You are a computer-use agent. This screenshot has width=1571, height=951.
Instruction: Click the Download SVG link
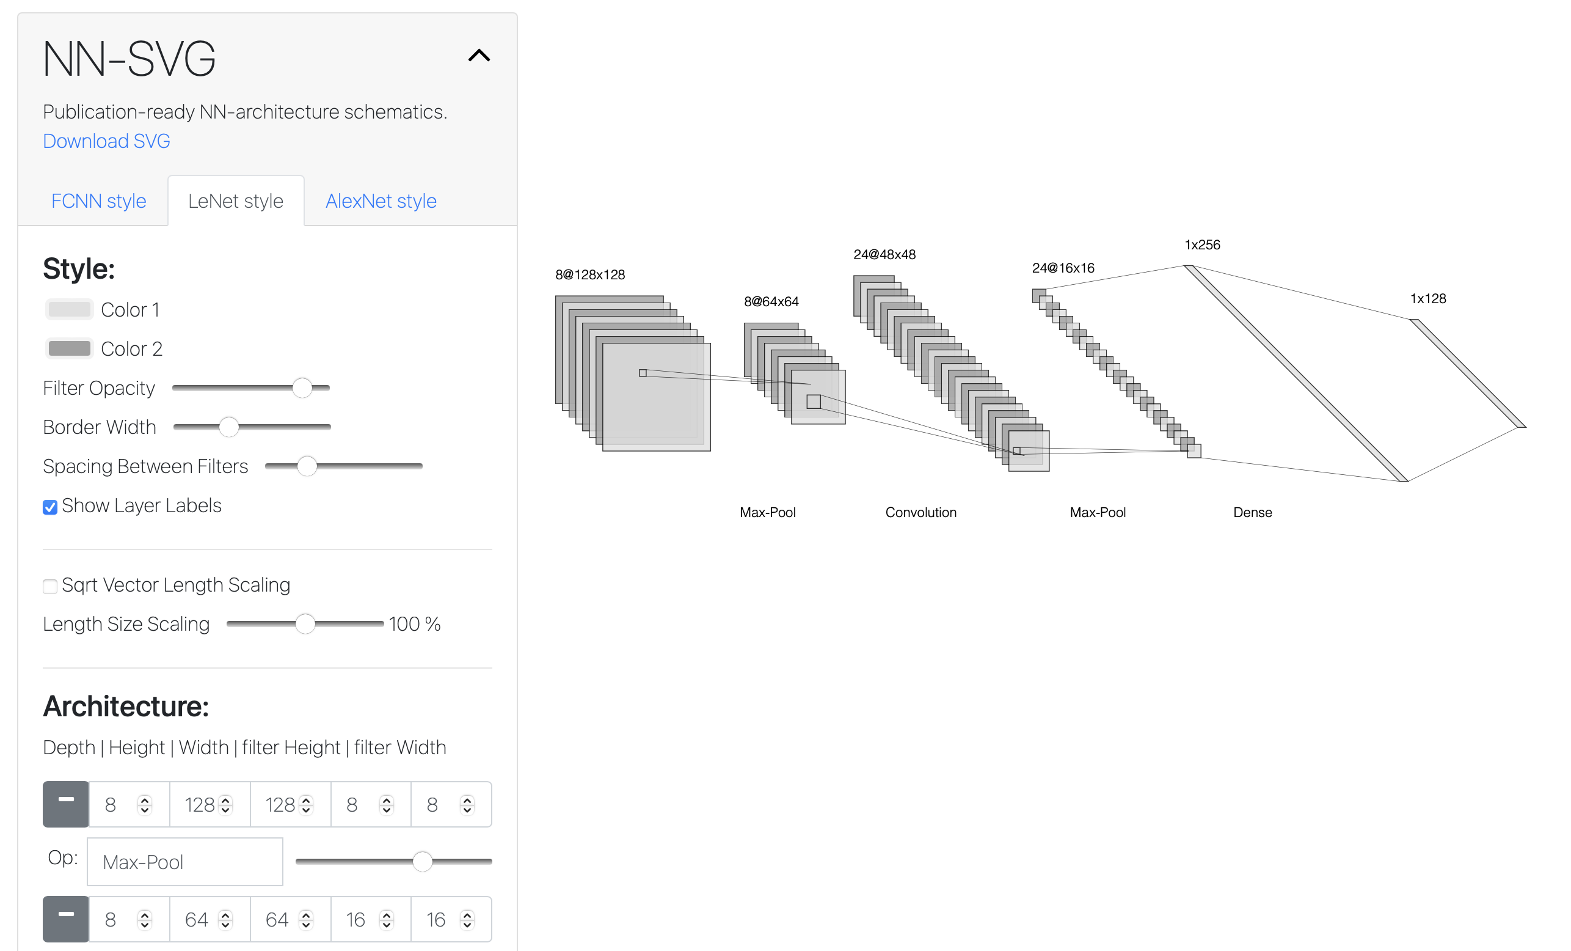pos(106,141)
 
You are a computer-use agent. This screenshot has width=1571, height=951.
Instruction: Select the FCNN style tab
pos(99,201)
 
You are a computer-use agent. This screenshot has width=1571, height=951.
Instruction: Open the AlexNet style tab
pos(381,201)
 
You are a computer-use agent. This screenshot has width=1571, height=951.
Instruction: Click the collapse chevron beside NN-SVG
pos(479,56)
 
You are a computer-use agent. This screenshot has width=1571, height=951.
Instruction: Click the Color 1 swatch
pos(70,309)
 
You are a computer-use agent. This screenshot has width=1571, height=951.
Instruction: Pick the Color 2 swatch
pos(70,348)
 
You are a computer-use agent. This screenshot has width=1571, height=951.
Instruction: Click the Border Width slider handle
pos(229,427)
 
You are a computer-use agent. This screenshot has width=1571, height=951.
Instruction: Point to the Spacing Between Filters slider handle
pos(307,466)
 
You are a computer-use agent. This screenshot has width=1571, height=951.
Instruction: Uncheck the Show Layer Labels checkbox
pos(49,507)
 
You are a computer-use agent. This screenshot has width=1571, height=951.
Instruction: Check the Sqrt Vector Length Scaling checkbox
pos(49,586)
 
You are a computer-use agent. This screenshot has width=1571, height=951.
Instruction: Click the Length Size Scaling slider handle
pos(305,624)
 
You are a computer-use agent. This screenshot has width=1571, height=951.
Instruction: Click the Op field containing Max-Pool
pos(185,862)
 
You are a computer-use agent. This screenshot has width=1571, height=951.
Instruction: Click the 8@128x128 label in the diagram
pos(591,275)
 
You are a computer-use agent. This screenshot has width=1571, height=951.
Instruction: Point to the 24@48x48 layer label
pos(884,254)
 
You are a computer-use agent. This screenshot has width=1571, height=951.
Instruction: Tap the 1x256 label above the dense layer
pos(1203,245)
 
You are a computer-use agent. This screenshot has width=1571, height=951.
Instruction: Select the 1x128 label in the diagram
pos(1428,298)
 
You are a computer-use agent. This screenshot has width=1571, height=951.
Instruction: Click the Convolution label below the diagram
pos(920,512)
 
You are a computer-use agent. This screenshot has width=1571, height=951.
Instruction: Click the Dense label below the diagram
pos(1252,512)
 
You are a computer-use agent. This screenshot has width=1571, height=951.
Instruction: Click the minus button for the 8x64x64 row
pos(66,919)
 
